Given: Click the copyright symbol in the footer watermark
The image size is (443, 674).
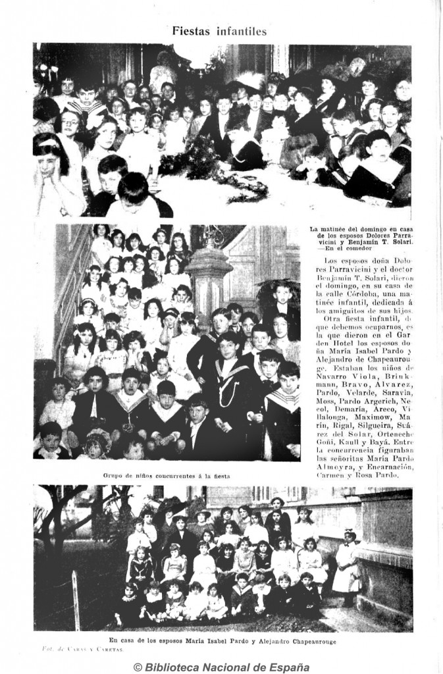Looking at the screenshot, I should click(x=138, y=667).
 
